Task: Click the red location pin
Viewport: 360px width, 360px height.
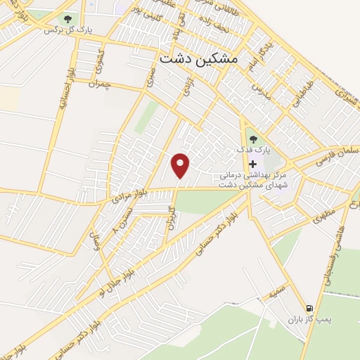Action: pyautogui.click(x=181, y=165)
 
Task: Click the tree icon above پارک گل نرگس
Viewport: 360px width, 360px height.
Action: pyautogui.click(x=67, y=19)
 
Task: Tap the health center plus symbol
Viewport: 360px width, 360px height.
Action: pyautogui.click(x=252, y=164)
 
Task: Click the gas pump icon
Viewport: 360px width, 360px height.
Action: pyautogui.click(x=309, y=309)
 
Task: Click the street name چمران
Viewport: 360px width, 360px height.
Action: pyautogui.click(x=101, y=84)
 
